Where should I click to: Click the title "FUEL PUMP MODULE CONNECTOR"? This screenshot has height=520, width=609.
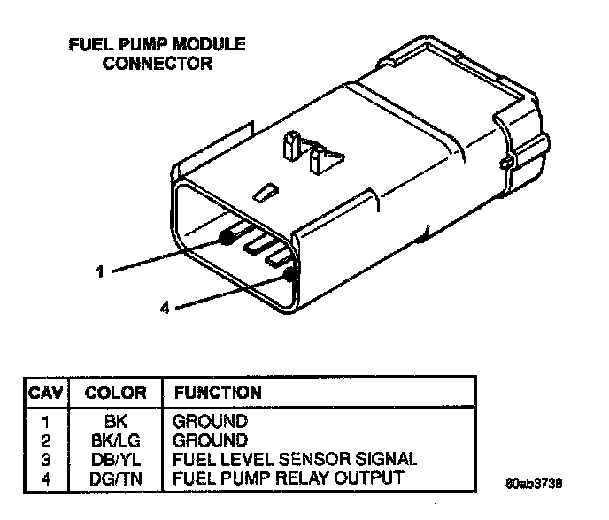pyautogui.click(x=158, y=53)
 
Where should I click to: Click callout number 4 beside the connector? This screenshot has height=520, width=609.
pyautogui.click(x=165, y=308)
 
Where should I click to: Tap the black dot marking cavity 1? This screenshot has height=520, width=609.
pyautogui.click(x=227, y=237)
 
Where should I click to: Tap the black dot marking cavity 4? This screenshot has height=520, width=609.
pyautogui.click(x=289, y=274)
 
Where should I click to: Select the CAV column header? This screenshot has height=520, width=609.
pyautogui.click(x=44, y=392)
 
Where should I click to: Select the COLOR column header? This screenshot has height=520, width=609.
pyautogui.click(x=110, y=392)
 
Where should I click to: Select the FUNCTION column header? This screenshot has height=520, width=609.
pyautogui.click(x=218, y=392)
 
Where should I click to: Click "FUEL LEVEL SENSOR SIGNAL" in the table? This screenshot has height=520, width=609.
pyautogui.click(x=295, y=458)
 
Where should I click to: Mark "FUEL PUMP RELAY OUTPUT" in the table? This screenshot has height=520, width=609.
pyautogui.click(x=289, y=477)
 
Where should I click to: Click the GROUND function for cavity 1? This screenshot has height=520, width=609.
pyautogui.click(x=211, y=422)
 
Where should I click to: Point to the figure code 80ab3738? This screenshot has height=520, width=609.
pyautogui.click(x=534, y=485)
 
